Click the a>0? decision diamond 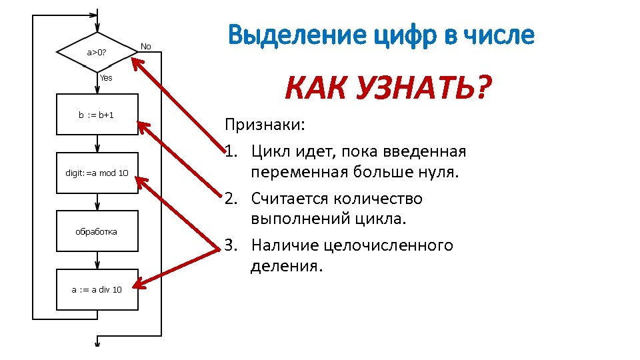pyautogui.click(x=97, y=51)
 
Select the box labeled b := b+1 pyautogui.click(x=97, y=115)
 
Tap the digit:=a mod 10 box pyautogui.click(x=97, y=173)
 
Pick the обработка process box pyautogui.click(x=97, y=231)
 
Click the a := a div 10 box pyautogui.click(x=97, y=289)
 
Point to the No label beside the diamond pyautogui.click(x=145, y=46)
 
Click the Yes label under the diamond pyautogui.click(x=106, y=78)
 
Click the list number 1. pyautogui.click(x=231, y=152)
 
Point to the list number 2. pyautogui.click(x=231, y=199)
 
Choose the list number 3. pyautogui.click(x=231, y=245)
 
